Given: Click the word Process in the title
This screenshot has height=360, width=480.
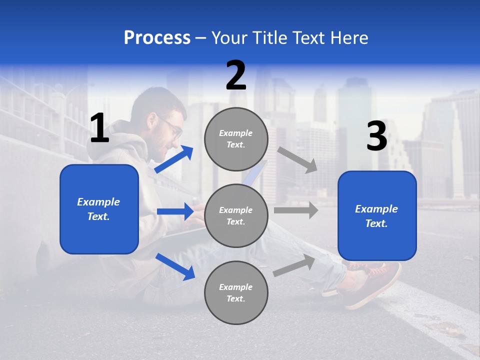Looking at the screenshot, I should (x=157, y=37).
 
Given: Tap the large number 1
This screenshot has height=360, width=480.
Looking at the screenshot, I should (x=99, y=128).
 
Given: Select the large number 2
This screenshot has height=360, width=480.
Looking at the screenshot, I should (x=236, y=76).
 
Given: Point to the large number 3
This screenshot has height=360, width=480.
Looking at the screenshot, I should (x=376, y=136).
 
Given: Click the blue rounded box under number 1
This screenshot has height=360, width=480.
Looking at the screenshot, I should (x=99, y=209).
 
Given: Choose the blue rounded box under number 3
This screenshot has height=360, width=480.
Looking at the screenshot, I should (x=377, y=216).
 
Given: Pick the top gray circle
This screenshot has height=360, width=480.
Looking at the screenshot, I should (x=236, y=139).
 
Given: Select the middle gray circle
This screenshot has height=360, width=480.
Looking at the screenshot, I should (x=236, y=216).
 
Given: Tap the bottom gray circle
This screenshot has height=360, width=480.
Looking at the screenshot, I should (x=236, y=293).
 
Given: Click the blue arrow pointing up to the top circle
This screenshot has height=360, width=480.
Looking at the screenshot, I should (x=174, y=159).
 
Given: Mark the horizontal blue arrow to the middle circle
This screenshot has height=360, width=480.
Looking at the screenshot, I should (x=175, y=211).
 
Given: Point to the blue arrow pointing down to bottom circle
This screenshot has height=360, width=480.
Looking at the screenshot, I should (x=175, y=266).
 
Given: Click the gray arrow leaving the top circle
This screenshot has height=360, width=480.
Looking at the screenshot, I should (x=297, y=159).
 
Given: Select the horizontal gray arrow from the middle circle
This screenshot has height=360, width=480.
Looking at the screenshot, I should (x=295, y=210).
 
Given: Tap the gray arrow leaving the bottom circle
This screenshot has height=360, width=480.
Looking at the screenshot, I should (x=294, y=265).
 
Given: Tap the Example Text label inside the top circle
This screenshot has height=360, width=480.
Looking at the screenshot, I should (x=236, y=139).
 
